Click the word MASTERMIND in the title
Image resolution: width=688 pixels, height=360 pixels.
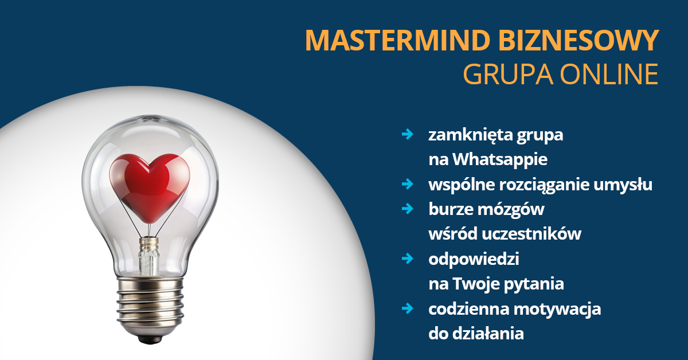pos(397,40)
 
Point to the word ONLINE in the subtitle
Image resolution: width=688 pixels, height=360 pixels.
pos(609,74)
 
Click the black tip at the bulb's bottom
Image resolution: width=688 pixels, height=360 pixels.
pos(150,339)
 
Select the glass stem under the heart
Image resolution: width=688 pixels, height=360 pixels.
pos(149,256)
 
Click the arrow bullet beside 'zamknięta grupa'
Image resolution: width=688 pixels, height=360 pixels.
pos(408,134)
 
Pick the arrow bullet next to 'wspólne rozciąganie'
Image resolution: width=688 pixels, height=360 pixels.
pos(408,184)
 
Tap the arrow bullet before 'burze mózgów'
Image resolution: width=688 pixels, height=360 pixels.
pos(408,209)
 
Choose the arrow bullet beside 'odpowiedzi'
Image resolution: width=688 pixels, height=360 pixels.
pos(408,259)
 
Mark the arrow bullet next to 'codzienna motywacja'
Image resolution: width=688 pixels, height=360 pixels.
pos(408,308)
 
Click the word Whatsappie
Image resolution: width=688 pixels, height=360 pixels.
pos(500,160)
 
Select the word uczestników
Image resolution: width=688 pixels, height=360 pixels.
pos(531,234)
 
